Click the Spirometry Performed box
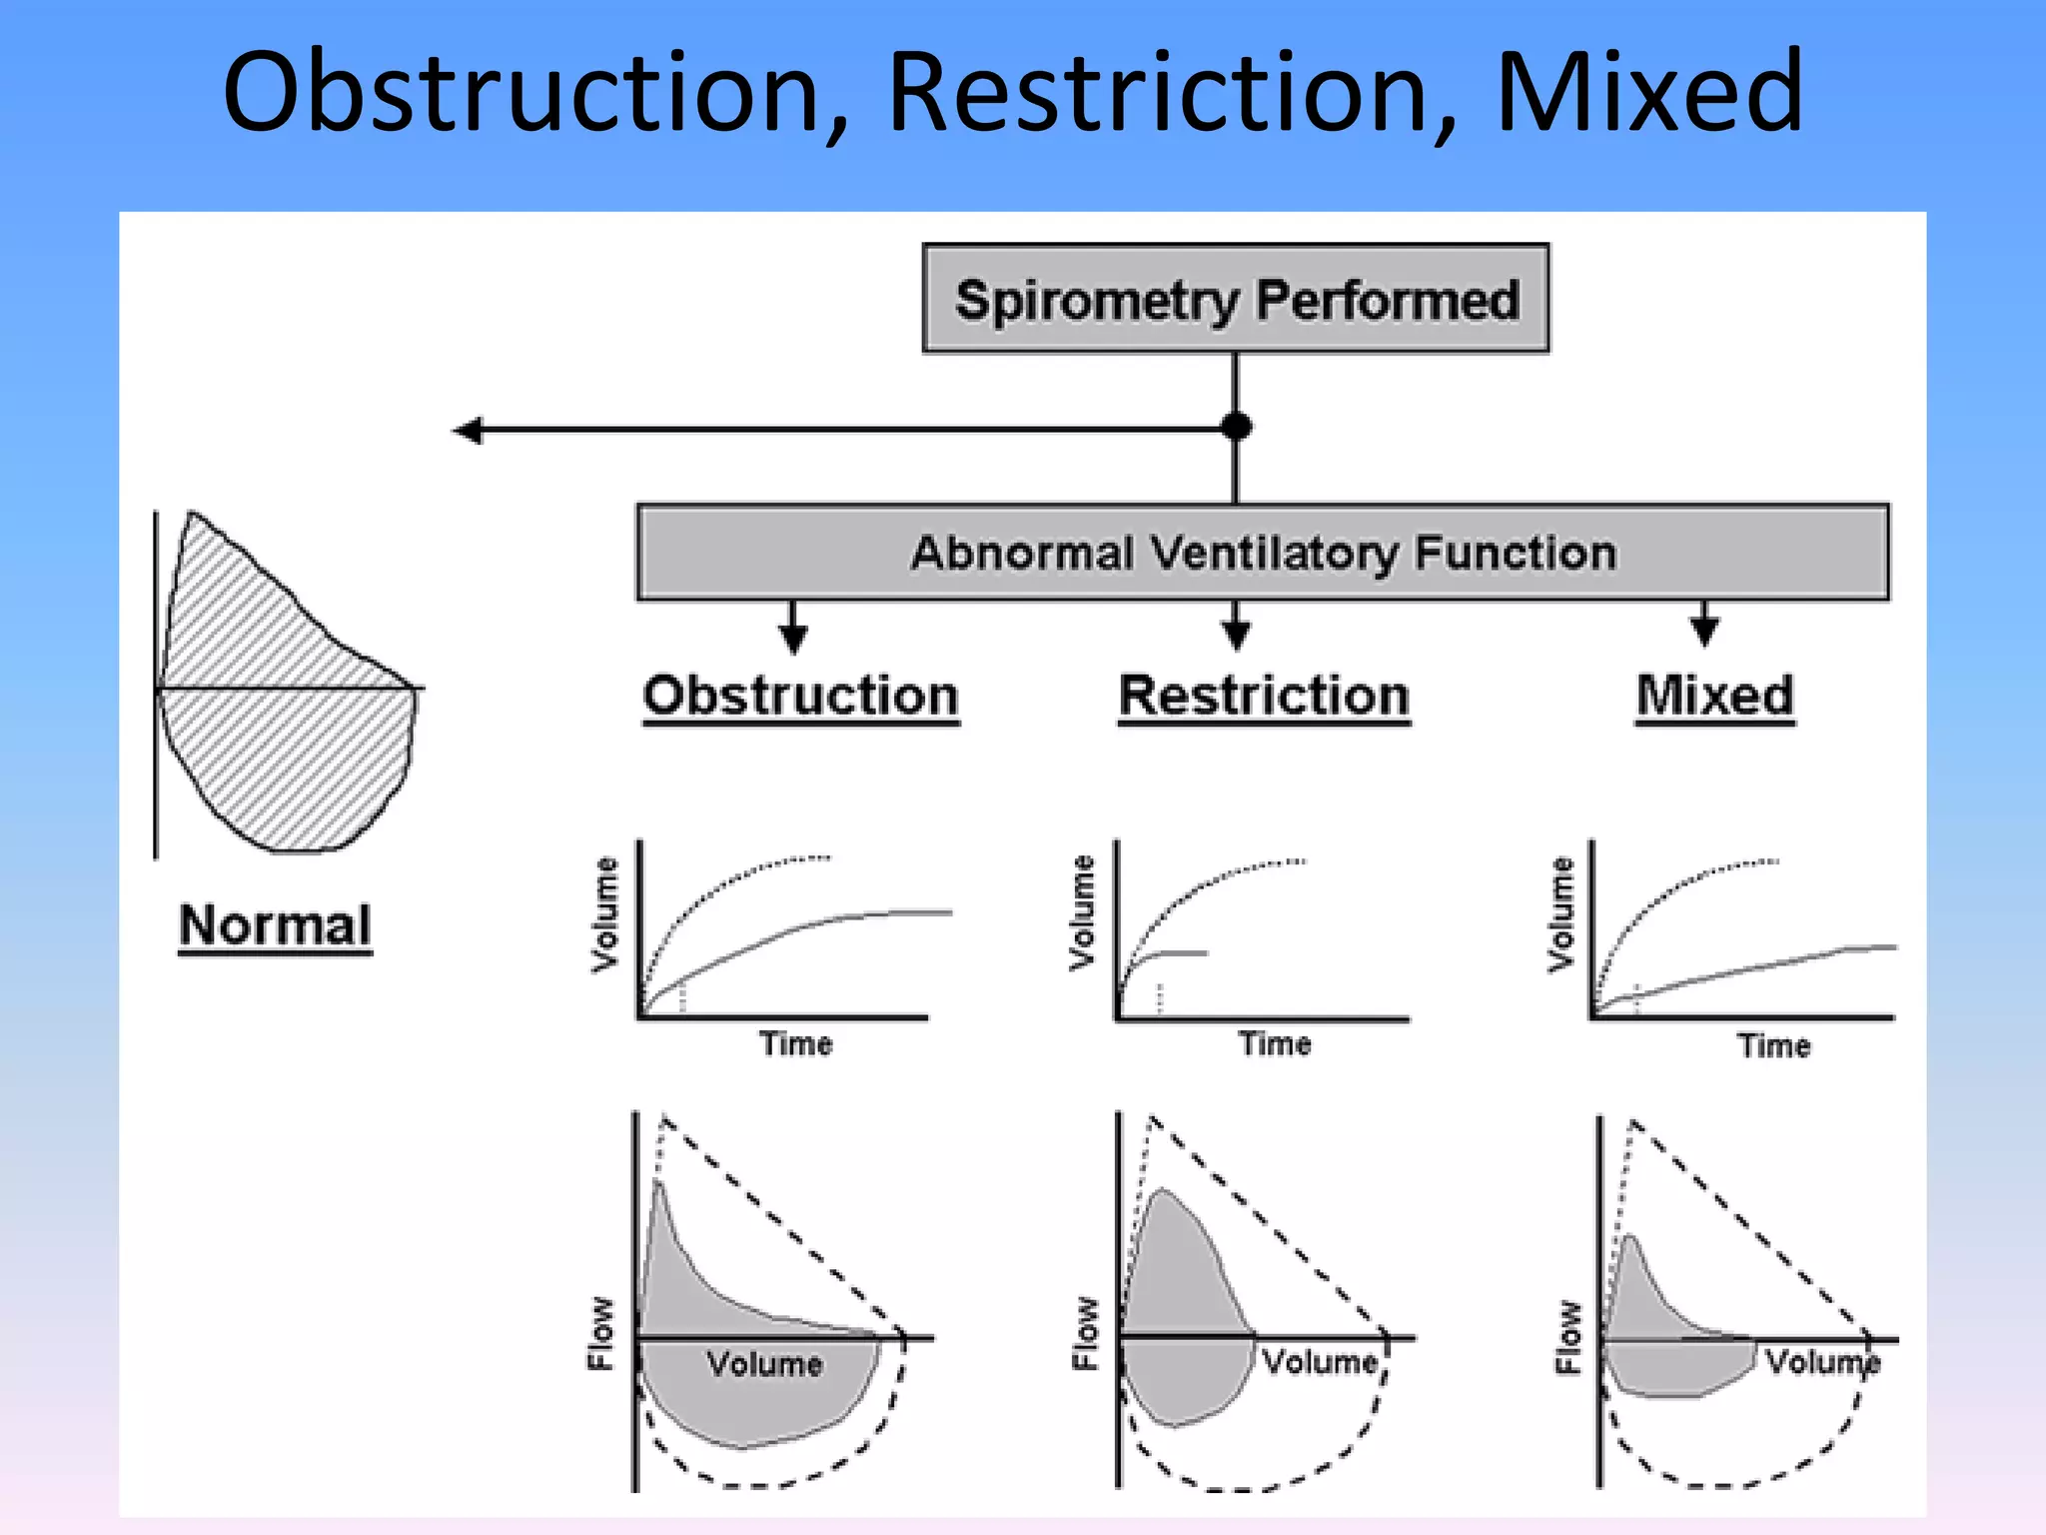coord(1236,299)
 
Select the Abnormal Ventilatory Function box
coord(1263,553)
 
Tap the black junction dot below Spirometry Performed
coord(1237,427)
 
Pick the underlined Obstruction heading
coord(800,696)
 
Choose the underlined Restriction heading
coord(1264,696)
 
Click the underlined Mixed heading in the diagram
coord(1714,696)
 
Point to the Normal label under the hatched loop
coord(275,925)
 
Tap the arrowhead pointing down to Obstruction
coord(793,640)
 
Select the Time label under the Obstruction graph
coord(795,1043)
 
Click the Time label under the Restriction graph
coord(1275,1043)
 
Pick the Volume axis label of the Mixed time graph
coord(1560,913)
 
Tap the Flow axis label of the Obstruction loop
coord(600,1333)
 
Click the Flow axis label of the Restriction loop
coord(1085,1333)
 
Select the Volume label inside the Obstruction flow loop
coord(764,1364)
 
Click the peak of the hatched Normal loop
coord(191,515)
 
